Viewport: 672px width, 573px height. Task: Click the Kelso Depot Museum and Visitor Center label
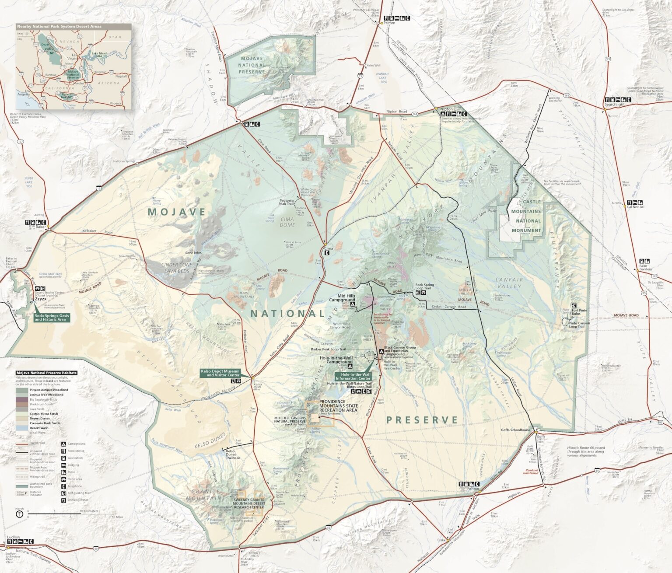point(220,373)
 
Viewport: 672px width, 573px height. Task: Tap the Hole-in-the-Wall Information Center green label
point(353,376)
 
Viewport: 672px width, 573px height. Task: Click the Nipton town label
point(447,108)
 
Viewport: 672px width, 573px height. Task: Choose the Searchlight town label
point(614,105)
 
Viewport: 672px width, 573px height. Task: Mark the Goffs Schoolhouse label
point(515,430)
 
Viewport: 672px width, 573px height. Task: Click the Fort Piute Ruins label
point(579,312)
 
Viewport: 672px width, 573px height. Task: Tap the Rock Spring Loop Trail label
point(424,286)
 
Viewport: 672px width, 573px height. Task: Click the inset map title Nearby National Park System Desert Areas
point(59,26)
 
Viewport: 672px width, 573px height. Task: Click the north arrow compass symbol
point(19,514)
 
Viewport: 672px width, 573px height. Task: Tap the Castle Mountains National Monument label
point(526,216)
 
